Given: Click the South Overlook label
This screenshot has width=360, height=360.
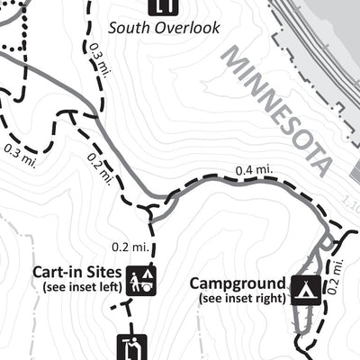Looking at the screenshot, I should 163,28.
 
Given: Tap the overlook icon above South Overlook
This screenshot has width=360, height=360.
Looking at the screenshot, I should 163,6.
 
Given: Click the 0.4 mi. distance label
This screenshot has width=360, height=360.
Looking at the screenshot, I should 253,169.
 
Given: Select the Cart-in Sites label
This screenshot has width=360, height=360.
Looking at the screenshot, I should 76,272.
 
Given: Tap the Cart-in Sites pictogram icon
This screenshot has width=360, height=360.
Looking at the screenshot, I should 140,280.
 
